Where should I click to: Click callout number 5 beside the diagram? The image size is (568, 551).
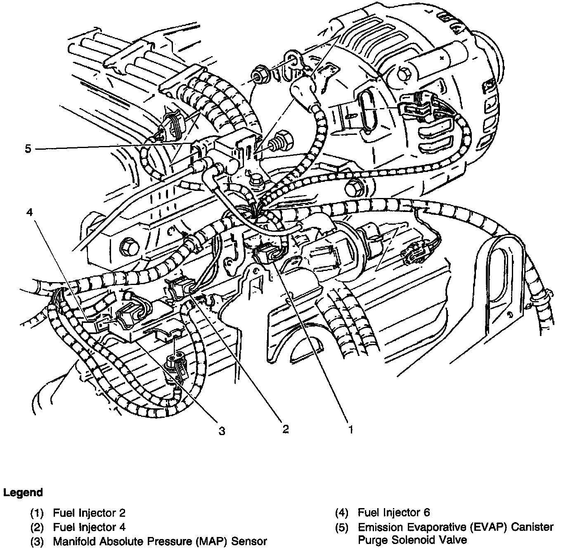pos(28,148)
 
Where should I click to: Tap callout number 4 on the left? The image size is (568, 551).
pos(29,212)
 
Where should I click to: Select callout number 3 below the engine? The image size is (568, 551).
pos(222,431)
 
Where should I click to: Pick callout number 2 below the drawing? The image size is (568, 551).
pos(285,429)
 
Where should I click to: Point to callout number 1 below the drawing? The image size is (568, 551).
pos(350,430)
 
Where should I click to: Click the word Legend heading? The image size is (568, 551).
pos(23,492)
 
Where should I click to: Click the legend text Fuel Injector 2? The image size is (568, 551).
pos(89,513)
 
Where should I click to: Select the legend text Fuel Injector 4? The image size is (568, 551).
pos(89,527)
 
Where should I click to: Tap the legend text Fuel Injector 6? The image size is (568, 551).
pos(394,513)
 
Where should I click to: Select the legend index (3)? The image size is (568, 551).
pos(37,541)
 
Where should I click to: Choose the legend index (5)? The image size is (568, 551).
pos(342,527)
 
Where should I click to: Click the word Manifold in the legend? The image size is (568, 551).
pos(74,541)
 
